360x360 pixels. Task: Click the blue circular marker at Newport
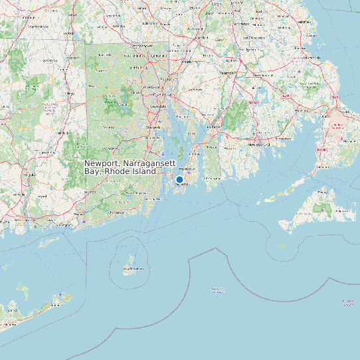point(179,179)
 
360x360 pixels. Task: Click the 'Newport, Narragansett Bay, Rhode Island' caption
point(120,167)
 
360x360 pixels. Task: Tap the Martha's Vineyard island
point(320,204)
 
